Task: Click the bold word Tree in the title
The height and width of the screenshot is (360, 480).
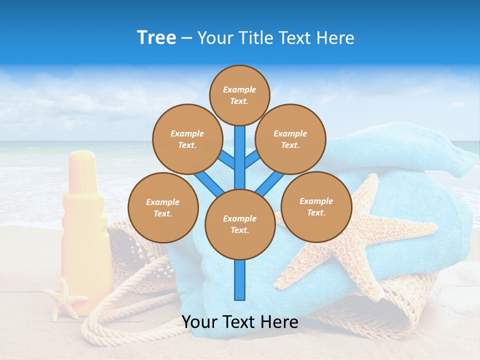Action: (x=156, y=38)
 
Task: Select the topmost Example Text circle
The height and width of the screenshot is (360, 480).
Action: (x=239, y=95)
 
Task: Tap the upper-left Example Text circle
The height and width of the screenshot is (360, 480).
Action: (x=187, y=139)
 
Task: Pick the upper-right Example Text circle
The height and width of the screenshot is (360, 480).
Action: (x=290, y=139)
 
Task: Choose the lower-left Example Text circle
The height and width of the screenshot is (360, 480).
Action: (x=163, y=207)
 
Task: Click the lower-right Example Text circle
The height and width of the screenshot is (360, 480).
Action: (x=316, y=206)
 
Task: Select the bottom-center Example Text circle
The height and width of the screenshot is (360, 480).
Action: (x=240, y=224)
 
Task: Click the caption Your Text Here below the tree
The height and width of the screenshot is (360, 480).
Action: (x=240, y=322)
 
